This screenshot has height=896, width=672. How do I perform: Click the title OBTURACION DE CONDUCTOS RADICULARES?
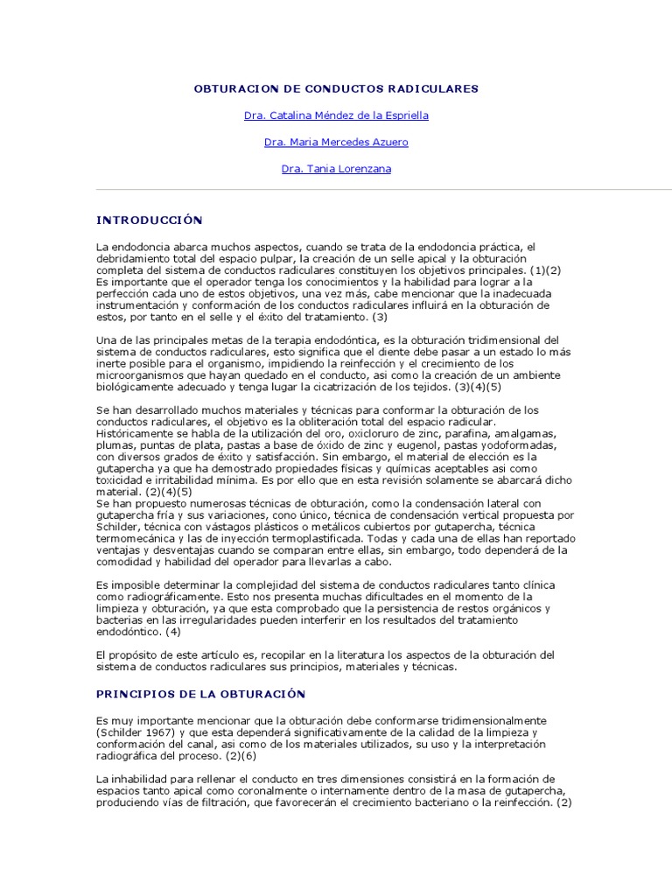point(335,88)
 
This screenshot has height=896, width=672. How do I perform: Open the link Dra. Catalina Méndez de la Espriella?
point(336,115)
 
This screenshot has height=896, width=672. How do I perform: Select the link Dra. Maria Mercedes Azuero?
point(336,142)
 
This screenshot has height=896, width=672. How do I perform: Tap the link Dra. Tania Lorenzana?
point(336,169)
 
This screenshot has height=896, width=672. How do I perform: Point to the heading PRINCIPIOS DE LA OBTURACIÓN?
point(200,694)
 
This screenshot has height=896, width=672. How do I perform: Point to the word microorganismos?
point(140,374)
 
